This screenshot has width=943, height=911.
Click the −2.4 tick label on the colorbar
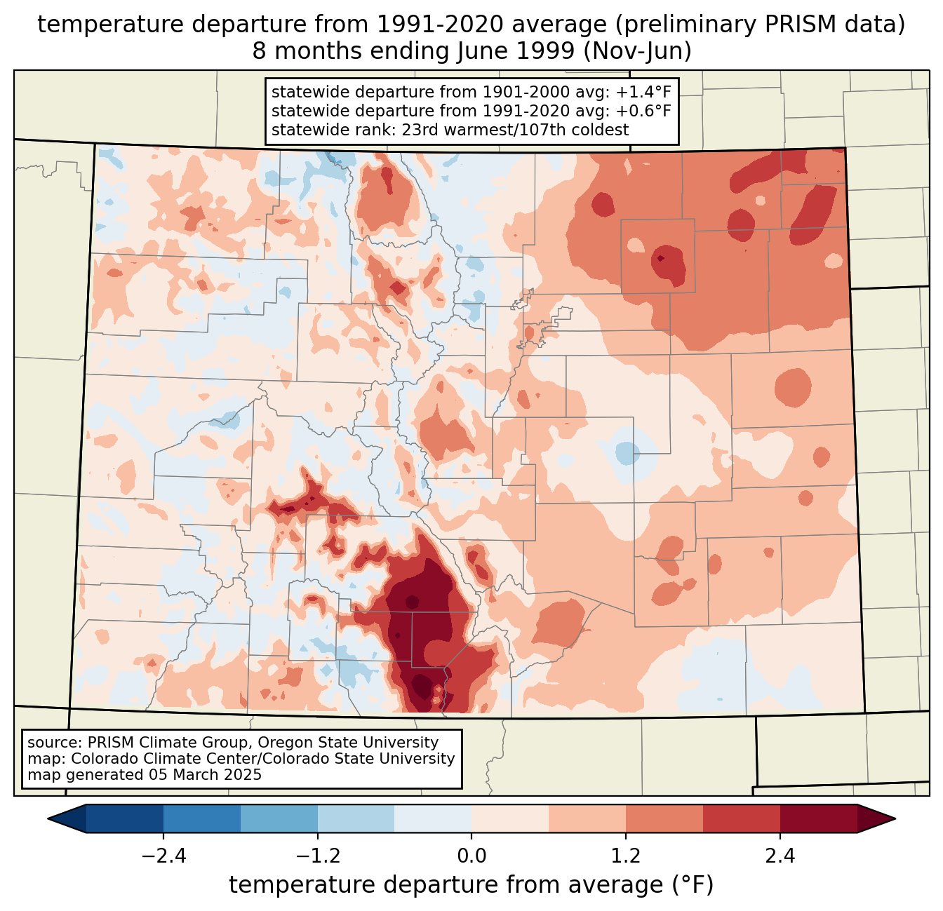163,856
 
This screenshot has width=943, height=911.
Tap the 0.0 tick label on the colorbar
471,856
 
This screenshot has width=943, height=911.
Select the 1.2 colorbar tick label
626,856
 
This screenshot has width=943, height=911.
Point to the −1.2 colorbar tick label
318,856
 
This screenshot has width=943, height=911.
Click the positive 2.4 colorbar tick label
780,856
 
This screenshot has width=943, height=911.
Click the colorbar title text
471,886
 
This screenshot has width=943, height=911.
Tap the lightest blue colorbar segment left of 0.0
433,818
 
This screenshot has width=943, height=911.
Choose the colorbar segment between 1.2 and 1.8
664,818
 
